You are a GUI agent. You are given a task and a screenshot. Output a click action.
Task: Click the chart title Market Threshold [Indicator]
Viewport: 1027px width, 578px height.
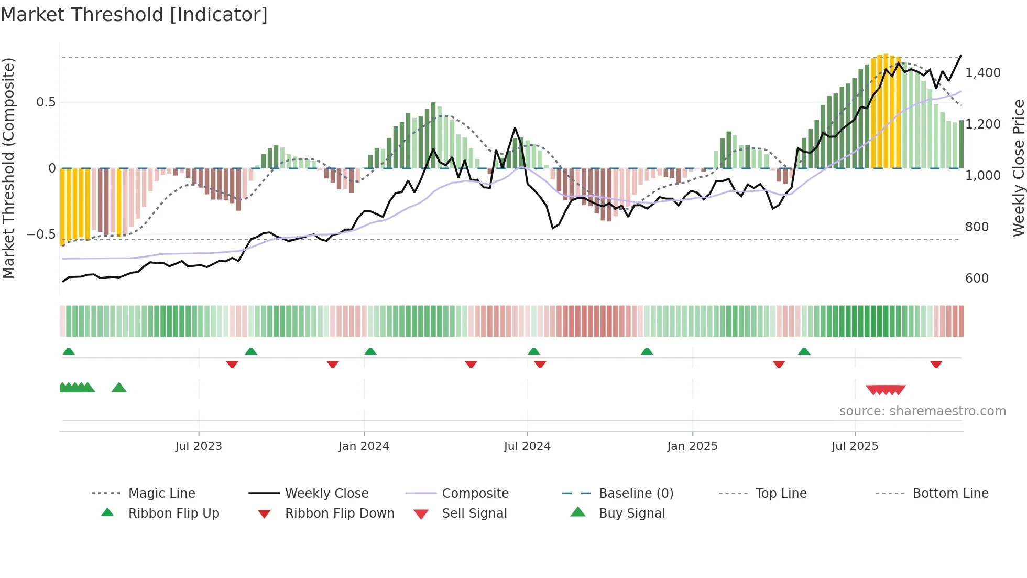tap(134, 15)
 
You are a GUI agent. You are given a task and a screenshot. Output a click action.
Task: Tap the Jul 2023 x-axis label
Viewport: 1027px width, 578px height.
tap(199, 446)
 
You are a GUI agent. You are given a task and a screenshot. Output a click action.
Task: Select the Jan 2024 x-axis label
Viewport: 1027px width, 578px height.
tap(364, 446)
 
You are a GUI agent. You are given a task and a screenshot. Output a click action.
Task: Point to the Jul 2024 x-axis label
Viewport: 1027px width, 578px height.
tap(527, 446)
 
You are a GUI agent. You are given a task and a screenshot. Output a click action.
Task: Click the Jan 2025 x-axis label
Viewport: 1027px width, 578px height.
tap(692, 446)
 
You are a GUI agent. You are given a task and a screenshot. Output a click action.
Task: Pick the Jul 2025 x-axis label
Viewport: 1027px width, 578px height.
tap(855, 446)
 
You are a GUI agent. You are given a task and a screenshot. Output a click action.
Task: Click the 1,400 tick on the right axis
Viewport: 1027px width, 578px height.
tap(983, 73)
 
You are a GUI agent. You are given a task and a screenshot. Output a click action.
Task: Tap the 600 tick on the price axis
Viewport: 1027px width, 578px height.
tap(977, 279)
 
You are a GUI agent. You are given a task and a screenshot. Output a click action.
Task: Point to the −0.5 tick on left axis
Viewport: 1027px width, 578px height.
tap(41, 234)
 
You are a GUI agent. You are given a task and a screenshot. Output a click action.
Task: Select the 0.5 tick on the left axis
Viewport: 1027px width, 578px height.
tap(46, 102)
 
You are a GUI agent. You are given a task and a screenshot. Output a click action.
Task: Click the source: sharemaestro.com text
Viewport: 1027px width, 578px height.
tap(922, 411)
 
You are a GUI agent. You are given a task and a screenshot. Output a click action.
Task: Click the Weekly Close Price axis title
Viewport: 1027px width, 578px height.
tap(1018, 168)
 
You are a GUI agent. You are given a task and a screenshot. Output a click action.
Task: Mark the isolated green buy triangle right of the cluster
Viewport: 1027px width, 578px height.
tap(119, 388)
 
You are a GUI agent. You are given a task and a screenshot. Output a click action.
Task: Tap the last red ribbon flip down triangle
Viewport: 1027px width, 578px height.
tap(936, 364)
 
